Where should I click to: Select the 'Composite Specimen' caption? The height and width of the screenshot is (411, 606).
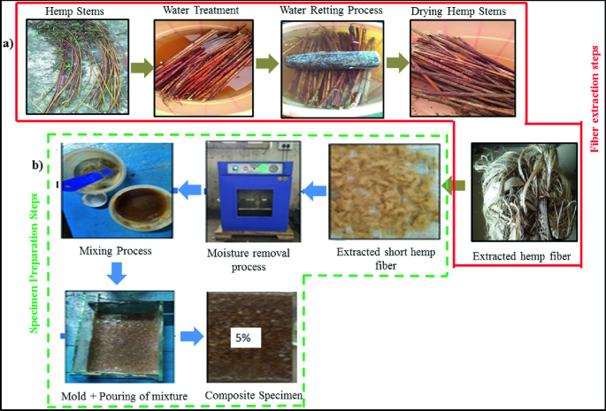click(x=256, y=395)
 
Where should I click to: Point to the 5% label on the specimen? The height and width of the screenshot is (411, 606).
click(x=242, y=337)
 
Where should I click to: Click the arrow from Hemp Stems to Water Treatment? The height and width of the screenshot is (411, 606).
click(x=140, y=64)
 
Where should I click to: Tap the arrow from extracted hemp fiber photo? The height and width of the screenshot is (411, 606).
click(x=453, y=186)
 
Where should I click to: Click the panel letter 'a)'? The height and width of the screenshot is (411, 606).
click(x=10, y=42)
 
